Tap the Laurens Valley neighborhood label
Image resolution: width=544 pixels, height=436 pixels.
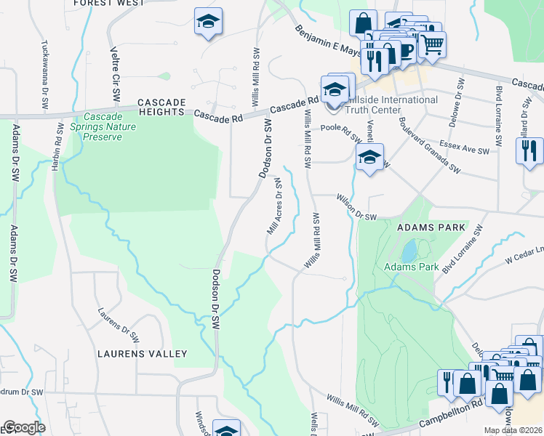(x=143, y=354)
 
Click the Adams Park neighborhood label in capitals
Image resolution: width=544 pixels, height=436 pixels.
(x=431, y=227)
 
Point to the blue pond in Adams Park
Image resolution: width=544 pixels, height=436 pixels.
(x=409, y=251)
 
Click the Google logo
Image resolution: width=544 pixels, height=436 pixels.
(x=25, y=428)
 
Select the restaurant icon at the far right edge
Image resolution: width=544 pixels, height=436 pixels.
(x=529, y=150)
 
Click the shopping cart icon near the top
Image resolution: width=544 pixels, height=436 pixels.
(x=432, y=44)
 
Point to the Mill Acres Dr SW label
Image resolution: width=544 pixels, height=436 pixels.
(x=273, y=207)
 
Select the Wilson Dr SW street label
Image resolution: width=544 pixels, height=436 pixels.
(x=356, y=206)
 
